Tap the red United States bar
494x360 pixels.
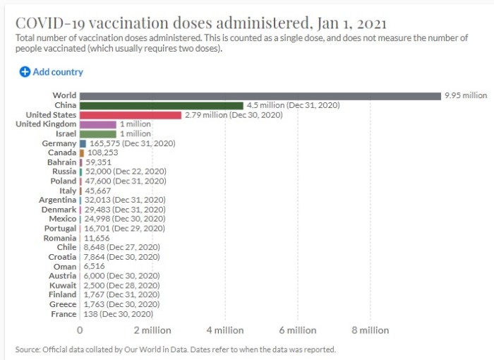131,114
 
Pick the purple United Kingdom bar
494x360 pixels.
98,124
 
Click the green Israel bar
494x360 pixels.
98,133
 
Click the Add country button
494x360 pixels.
51,72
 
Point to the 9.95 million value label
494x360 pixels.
465,95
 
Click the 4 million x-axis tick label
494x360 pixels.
225,330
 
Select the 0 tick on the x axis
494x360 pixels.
80,330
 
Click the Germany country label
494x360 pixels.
59,143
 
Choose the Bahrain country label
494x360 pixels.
61,162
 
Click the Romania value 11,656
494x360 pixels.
97,238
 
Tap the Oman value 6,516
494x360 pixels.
95,266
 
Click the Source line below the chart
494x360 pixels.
175,349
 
